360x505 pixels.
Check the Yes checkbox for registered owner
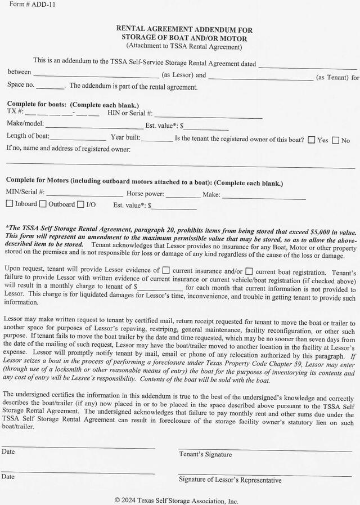point(312,140)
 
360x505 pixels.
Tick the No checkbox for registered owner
point(335,140)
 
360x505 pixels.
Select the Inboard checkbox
point(10,204)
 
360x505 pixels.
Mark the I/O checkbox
point(80,204)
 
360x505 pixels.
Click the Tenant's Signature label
point(205,454)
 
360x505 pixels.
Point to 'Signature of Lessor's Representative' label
point(230,480)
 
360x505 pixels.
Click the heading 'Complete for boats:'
point(37,104)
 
